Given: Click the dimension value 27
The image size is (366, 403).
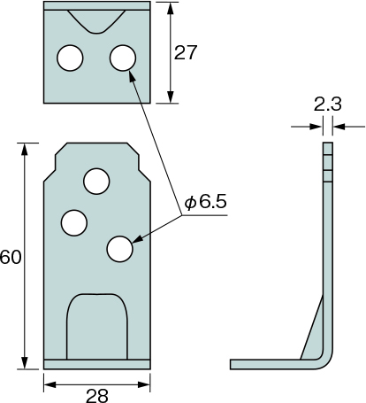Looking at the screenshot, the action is pyautogui.click(x=185, y=53).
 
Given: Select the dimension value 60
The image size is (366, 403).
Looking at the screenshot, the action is pyautogui.click(x=11, y=257).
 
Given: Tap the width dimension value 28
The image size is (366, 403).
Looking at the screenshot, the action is pyautogui.click(x=97, y=396).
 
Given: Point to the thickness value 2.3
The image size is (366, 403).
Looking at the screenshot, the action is pyautogui.click(x=327, y=105).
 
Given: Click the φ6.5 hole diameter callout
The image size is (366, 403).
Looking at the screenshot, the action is pyautogui.click(x=206, y=202).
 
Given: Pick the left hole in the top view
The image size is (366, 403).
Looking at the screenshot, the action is pyautogui.click(x=70, y=58).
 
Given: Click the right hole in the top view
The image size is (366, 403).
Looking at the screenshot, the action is pyautogui.click(x=123, y=58).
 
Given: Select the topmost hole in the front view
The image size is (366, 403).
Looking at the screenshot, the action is pyautogui.click(x=96, y=182).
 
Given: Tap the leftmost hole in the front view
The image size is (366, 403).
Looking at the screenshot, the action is pyautogui.click(x=74, y=223).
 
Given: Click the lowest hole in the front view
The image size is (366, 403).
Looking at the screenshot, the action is pyautogui.click(x=119, y=249).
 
